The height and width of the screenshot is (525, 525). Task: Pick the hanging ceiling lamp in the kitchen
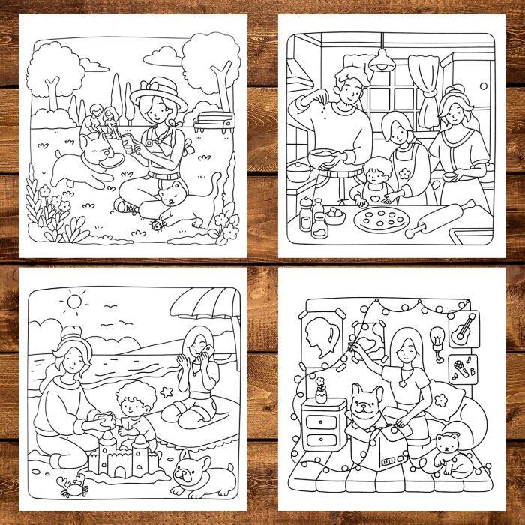click(382, 63)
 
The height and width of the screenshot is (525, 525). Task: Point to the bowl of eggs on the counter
click(334, 215)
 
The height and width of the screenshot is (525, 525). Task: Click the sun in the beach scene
click(73, 301)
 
